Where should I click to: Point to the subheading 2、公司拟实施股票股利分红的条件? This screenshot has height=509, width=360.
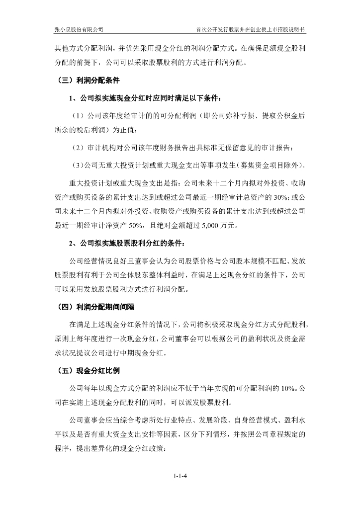[129, 244]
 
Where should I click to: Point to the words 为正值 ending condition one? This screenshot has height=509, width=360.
[124, 131]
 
